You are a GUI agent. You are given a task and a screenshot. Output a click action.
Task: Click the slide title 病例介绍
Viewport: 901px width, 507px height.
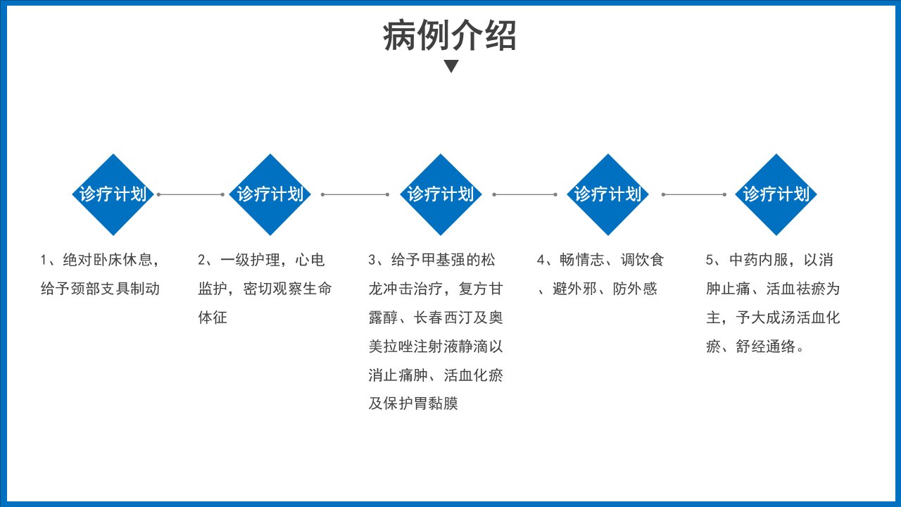coord(450,35)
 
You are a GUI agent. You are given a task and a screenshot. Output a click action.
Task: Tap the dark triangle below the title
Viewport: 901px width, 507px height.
coord(451,66)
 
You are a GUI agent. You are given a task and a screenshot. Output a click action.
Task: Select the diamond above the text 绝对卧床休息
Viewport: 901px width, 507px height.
coord(113,194)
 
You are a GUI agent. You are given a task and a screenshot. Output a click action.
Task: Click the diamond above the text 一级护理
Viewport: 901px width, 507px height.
coord(270,194)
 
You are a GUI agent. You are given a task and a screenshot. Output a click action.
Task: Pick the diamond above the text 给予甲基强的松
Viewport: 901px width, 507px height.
coord(441,194)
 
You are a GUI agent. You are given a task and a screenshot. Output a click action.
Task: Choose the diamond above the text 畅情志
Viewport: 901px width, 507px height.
coord(607,194)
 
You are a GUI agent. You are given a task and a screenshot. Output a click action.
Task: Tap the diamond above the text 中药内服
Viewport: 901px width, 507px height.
coord(776,194)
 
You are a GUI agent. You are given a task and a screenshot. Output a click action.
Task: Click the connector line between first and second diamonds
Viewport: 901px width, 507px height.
coord(191,194)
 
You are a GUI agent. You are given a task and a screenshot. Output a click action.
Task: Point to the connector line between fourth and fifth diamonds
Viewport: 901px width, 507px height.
coord(694,194)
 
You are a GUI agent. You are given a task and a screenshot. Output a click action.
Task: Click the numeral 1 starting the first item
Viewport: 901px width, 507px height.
coord(44,260)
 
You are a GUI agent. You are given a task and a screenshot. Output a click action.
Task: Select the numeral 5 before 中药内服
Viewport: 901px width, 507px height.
coord(710,260)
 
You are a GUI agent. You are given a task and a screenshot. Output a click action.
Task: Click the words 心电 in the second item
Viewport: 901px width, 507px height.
coord(310,260)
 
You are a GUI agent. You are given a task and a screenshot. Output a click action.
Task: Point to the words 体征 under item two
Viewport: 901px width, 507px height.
coord(213,318)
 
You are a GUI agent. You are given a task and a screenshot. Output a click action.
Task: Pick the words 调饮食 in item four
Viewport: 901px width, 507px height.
coord(642,260)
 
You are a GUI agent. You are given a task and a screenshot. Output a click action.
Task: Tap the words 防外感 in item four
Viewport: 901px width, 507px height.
coord(635,289)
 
